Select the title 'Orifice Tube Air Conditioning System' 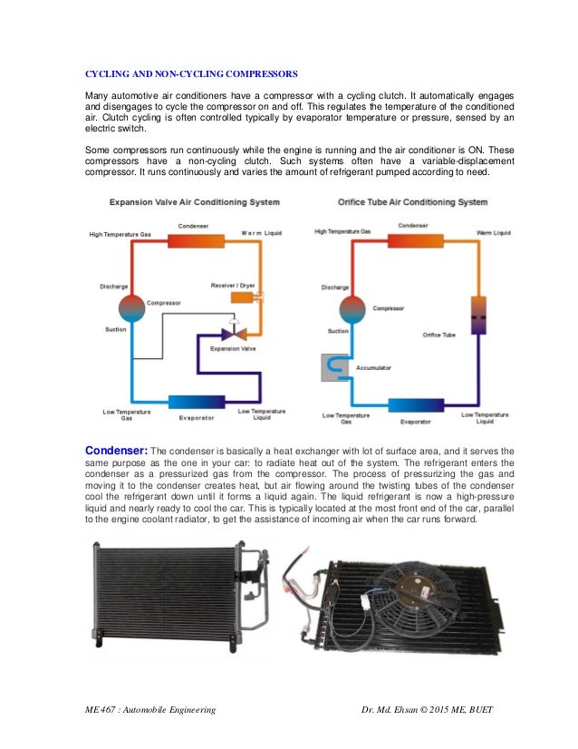point(413,202)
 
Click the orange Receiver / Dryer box point(243,297)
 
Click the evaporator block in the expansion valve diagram point(196,402)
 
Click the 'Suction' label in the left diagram point(115,329)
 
